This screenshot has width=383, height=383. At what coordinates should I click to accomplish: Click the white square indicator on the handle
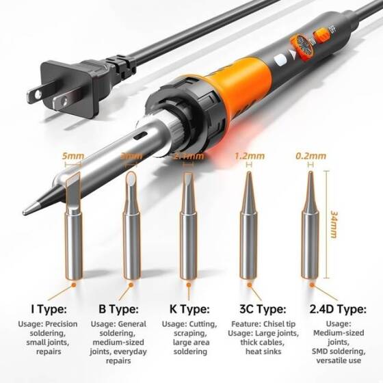(x=279, y=61)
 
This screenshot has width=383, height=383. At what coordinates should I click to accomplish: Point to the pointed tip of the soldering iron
(x=25, y=209)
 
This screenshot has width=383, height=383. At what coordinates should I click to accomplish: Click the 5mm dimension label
(x=73, y=157)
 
